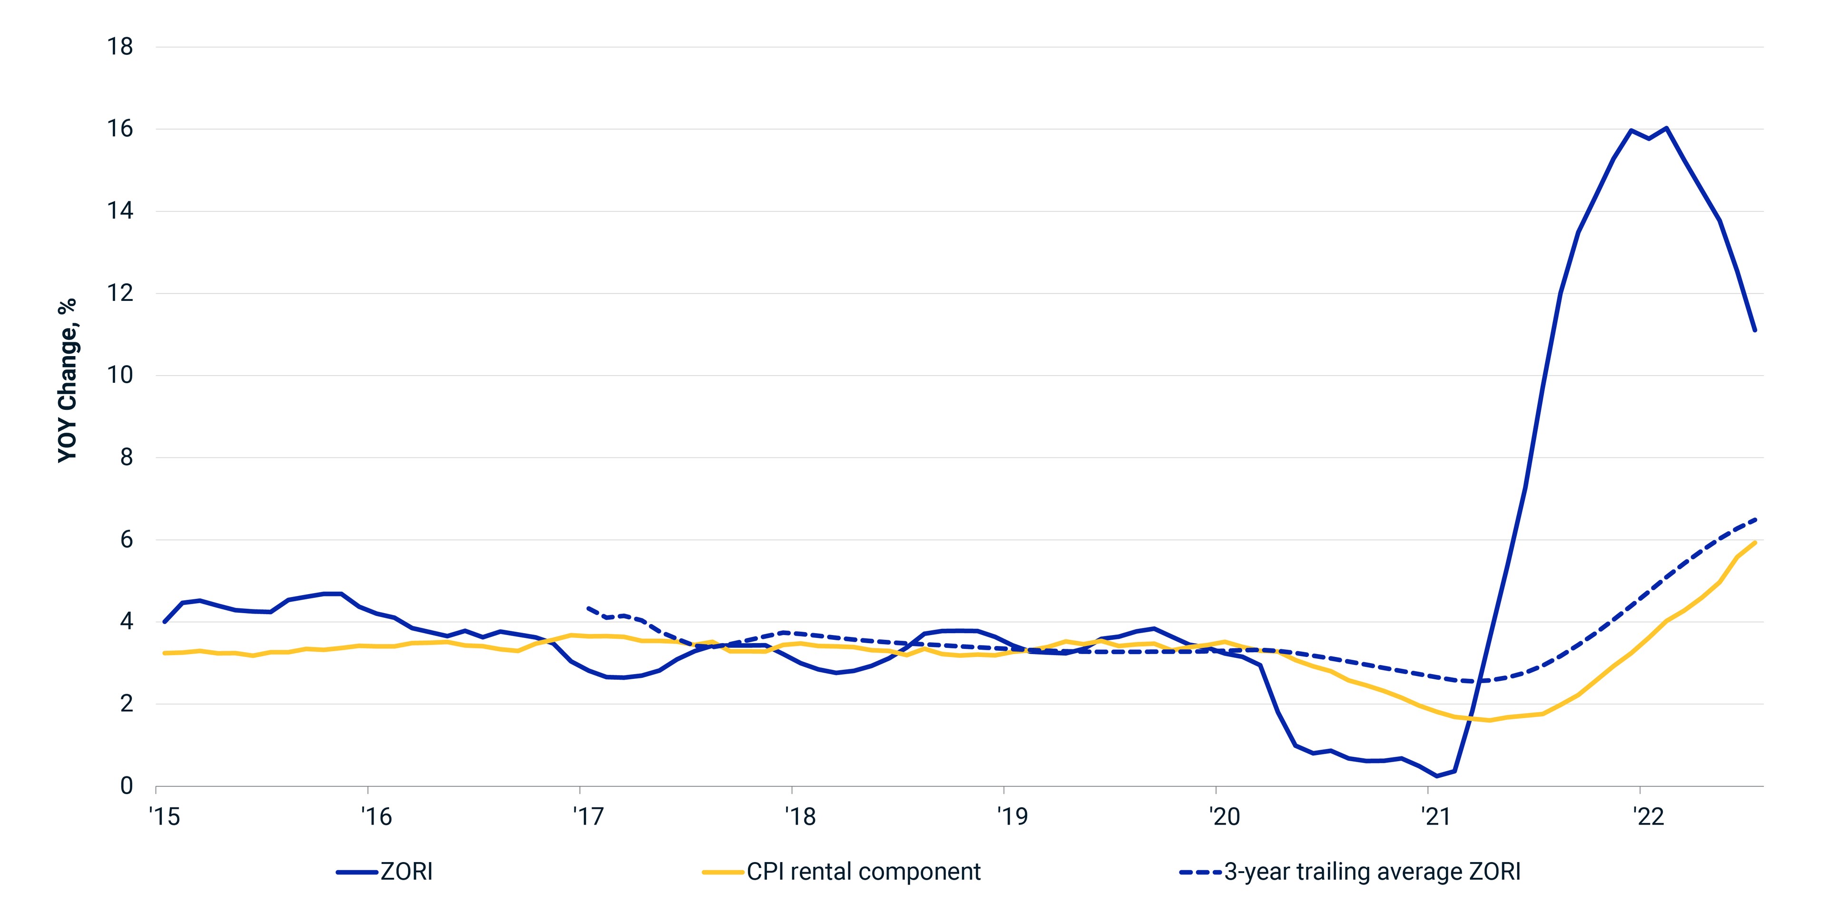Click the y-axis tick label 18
point(120,47)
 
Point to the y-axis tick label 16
point(120,129)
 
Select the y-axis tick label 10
point(120,376)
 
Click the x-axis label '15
point(165,817)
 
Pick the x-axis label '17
point(588,817)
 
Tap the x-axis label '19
point(1012,817)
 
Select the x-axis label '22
point(1648,817)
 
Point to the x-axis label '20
point(1224,817)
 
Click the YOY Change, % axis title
point(68,380)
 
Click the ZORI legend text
point(406,872)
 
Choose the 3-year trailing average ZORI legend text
point(1372,872)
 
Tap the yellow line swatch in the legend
point(723,872)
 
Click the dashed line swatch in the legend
point(1201,872)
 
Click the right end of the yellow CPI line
point(1755,542)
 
